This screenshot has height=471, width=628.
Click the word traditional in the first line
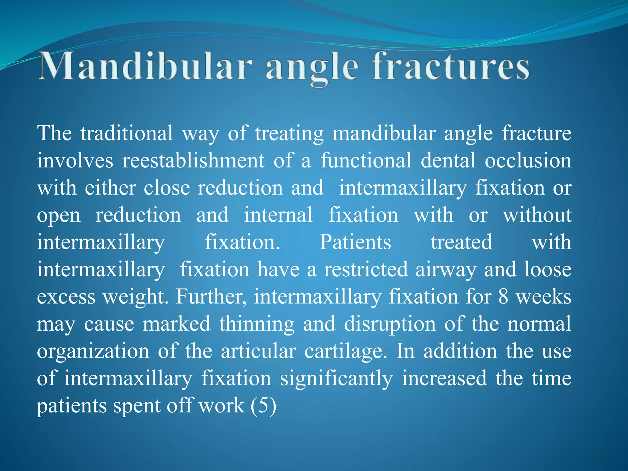[127, 133]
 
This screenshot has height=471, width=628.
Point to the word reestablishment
[193, 161]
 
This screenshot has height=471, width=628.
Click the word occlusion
[528, 161]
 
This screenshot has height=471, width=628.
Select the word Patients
[355, 242]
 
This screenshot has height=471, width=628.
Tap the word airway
[446, 270]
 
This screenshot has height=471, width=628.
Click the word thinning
[256, 324]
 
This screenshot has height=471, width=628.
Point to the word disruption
[390, 324]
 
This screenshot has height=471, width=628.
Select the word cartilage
[346, 351]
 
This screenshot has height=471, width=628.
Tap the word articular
[258, 351]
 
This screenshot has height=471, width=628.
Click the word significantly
[336, 379]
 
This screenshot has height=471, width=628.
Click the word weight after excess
[135, 297]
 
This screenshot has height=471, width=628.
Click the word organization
[93, 351]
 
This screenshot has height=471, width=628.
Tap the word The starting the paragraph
[55, 133]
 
